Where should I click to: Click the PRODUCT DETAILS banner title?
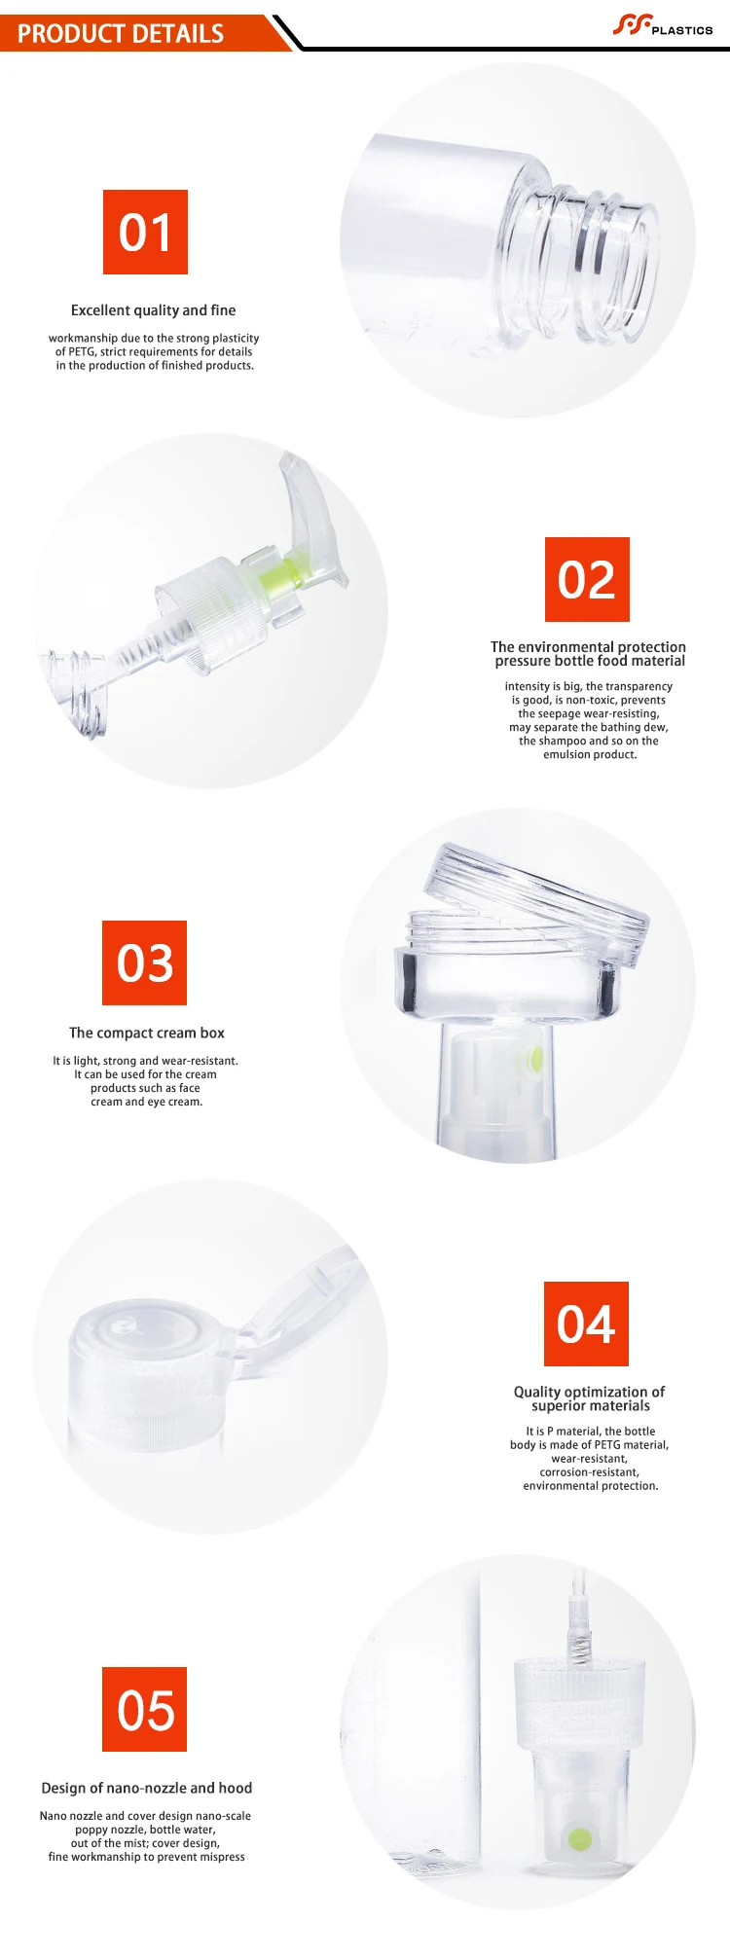click(x=121, y=34)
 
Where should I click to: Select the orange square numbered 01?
click(x=145, y=232)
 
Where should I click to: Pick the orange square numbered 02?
click(x=587, y=579)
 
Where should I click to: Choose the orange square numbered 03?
click(x=144, y=962)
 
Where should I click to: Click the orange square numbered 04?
click(x=586, y=1324)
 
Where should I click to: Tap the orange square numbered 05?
click(x=144, y=1709)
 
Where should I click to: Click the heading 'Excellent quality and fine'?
click(x=153, y=310)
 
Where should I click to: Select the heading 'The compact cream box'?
click(x=147, y=1033)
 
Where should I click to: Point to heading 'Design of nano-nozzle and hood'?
click(x=147, y=1788)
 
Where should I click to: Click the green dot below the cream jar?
click(x=534, y=1059)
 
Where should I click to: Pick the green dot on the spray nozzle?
click(x=580, y=1839)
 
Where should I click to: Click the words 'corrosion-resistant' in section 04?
click(x=590, y=1472)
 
